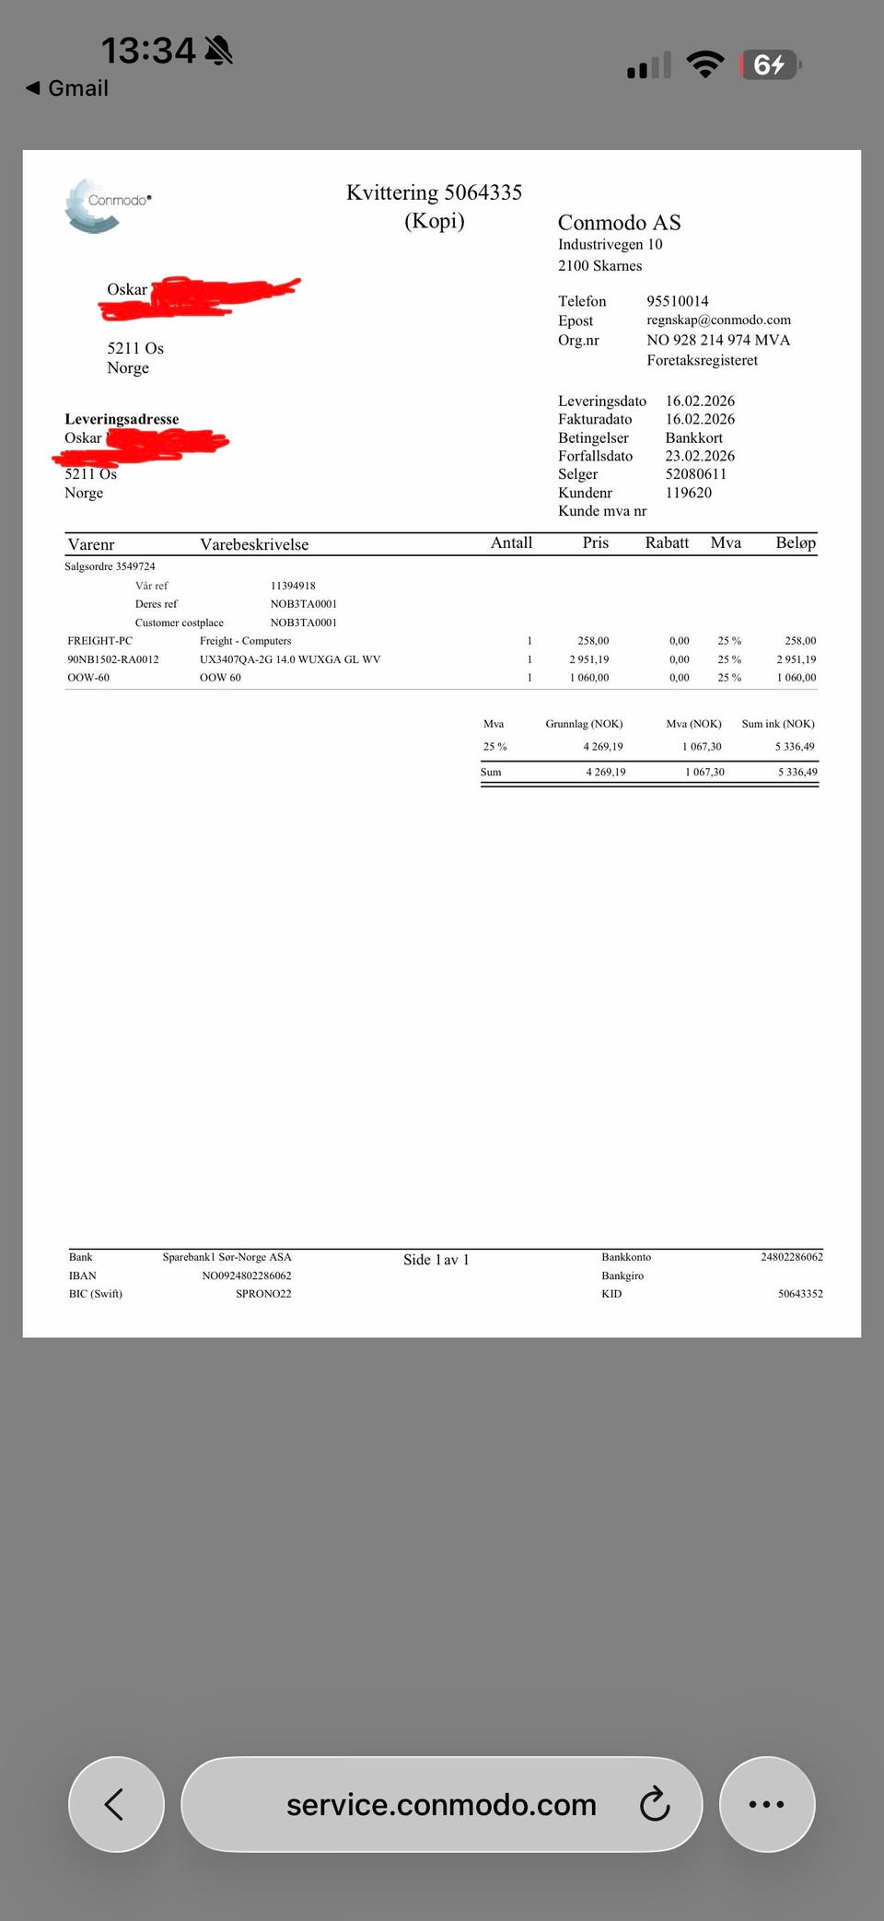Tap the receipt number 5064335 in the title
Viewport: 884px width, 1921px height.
(x=483, y=192)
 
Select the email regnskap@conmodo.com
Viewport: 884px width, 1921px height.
(x=718, y=320)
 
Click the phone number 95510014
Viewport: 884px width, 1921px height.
(x=677, y=301)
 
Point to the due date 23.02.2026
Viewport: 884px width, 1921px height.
(x=700, y=456)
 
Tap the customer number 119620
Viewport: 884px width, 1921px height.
(x=688, y=493)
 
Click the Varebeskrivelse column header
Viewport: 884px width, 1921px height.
(x=254, y=544)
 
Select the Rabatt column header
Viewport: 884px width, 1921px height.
(x=667, y=542)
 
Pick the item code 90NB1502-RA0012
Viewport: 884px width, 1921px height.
(x=113, y=659)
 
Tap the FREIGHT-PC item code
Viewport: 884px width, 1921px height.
(x=99, y=641)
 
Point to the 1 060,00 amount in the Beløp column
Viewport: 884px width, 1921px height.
(x=796, y=678)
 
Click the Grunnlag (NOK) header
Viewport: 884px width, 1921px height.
(x=584, y=724)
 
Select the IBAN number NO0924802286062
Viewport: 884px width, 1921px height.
(x=247, y=1275)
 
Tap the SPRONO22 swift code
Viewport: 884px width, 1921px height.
(x=263, y=1294)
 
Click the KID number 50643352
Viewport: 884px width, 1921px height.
(x=800, y=1294)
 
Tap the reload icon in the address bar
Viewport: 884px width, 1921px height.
(x=655, y=1804)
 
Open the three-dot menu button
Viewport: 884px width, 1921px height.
(x=766, y=1804)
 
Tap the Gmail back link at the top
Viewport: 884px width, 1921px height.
(x=67, y=88)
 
